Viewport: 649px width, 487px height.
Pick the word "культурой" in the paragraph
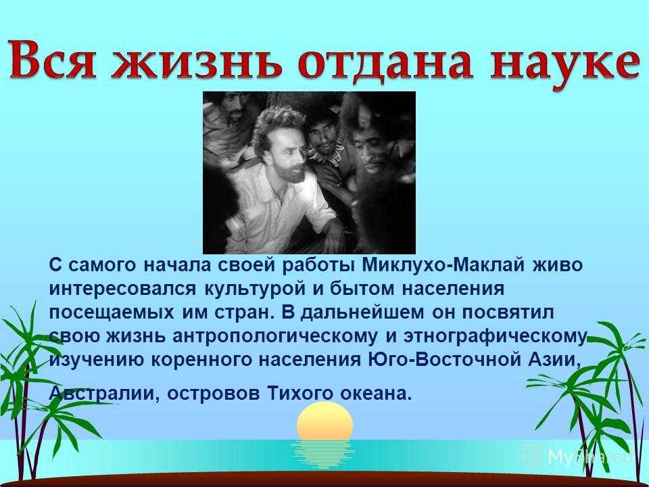(x=255, y=289)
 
